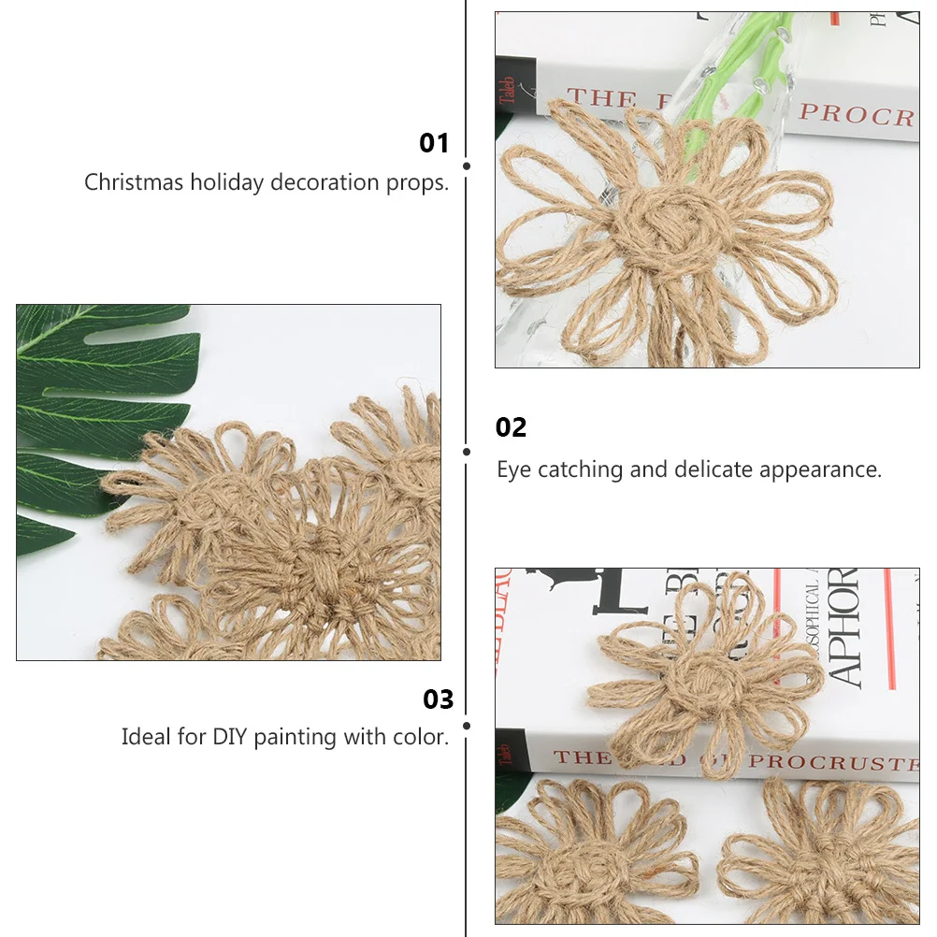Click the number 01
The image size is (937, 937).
pos(434,143)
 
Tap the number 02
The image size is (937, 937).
pos(511,427)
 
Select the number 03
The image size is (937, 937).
pos(438,699)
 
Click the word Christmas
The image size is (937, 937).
pos(134,182)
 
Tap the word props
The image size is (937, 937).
pos(418,183)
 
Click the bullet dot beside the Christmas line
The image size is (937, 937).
pos(467,166)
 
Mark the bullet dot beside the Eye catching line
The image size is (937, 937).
pos(467,451)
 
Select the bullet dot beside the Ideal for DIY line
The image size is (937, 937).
pos(467,725)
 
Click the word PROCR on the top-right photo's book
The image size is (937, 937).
pos(856,115)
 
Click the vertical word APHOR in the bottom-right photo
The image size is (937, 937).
pos(845,627)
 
